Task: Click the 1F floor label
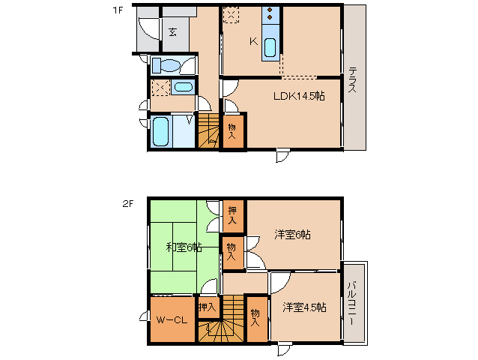(x=117, y=10)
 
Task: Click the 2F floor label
(x=127, y=202)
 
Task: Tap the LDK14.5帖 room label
(x=298, y=96)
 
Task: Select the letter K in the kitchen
(x=253, y=42)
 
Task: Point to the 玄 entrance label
(x=172, y=32)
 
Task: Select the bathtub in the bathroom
(x=161, y=132)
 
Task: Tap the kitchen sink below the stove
(x=270, y=46)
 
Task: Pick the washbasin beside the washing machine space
(x=182, y=87)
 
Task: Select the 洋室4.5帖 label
(x=303, y=307)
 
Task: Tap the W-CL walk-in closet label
(x=172, y=320)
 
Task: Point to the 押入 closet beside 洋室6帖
(x=232, y=214)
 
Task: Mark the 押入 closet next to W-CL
(x=208, y=307)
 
